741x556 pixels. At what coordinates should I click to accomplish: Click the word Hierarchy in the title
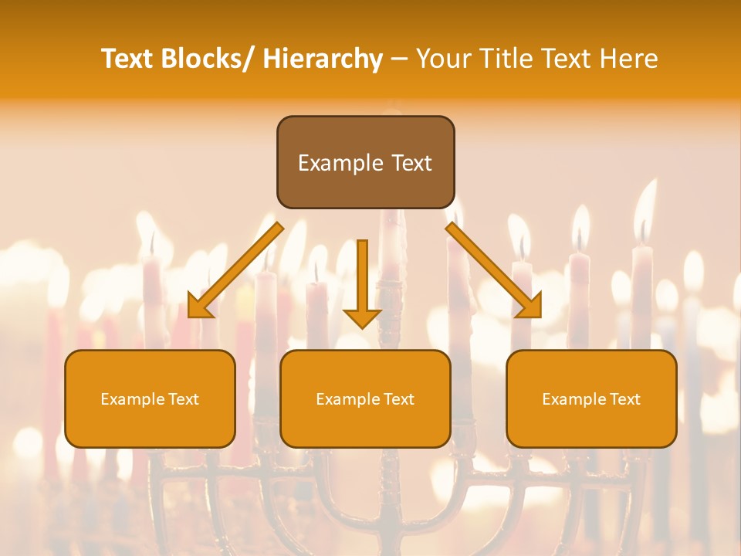click(323, 59)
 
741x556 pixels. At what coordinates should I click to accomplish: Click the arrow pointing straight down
click(362, 278)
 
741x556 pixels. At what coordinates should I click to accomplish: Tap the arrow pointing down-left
click(235, 270)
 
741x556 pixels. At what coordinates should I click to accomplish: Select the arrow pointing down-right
click(494, 270)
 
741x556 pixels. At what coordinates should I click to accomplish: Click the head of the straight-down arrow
click(362, 317)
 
